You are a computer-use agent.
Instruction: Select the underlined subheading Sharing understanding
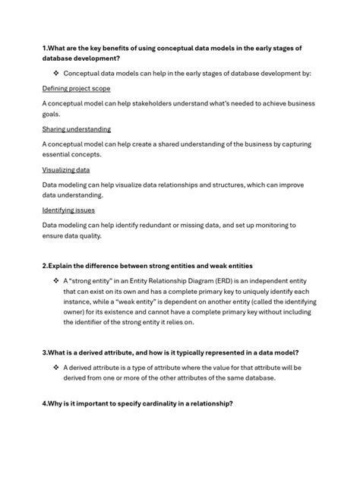point(76,129)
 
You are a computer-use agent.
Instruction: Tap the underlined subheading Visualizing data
point(66,170)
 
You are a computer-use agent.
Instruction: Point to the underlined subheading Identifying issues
point(68,210)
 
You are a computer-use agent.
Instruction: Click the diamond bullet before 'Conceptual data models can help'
point(55,73)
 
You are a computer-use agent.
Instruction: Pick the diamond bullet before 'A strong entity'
point(55,280)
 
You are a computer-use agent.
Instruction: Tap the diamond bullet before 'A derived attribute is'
point(55,367)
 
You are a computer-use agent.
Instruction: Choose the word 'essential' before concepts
point(62,154)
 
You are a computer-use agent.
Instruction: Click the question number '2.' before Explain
point(46,265)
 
